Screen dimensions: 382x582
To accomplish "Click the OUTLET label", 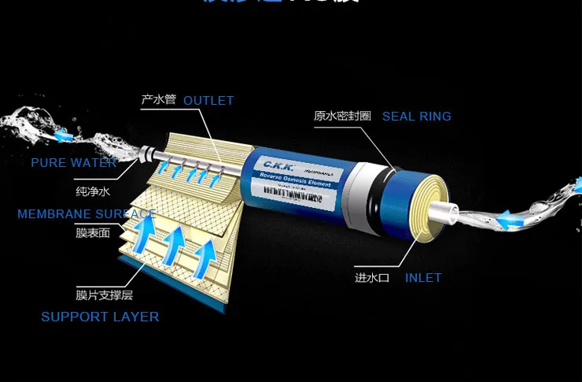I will click(x=208, y=100).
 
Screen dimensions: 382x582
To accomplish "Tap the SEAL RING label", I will click(x=416, y=117).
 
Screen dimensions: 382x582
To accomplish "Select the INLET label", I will click(x=422, y=277).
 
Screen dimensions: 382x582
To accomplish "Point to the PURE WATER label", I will click(x=74, y=163).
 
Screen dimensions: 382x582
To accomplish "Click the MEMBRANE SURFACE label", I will click(x=86, y=214).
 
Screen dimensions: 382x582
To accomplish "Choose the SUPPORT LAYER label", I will click(x=100, y=317).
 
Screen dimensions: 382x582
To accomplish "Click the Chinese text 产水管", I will click(x=157, y=100).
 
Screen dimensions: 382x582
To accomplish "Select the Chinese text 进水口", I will click(x=372, y=277).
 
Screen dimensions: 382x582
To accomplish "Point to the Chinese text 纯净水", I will click(x=91, y=191).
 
